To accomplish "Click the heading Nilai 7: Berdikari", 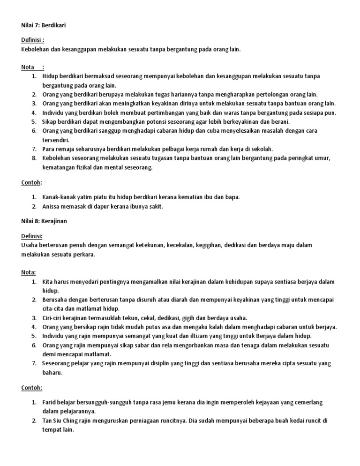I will tap(44, 25).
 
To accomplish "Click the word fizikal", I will tap(85, 167).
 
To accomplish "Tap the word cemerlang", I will tap(310, 403).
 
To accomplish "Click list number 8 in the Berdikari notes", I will tap(34, 158).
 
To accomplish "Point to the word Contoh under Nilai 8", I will tap(31, 388).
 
